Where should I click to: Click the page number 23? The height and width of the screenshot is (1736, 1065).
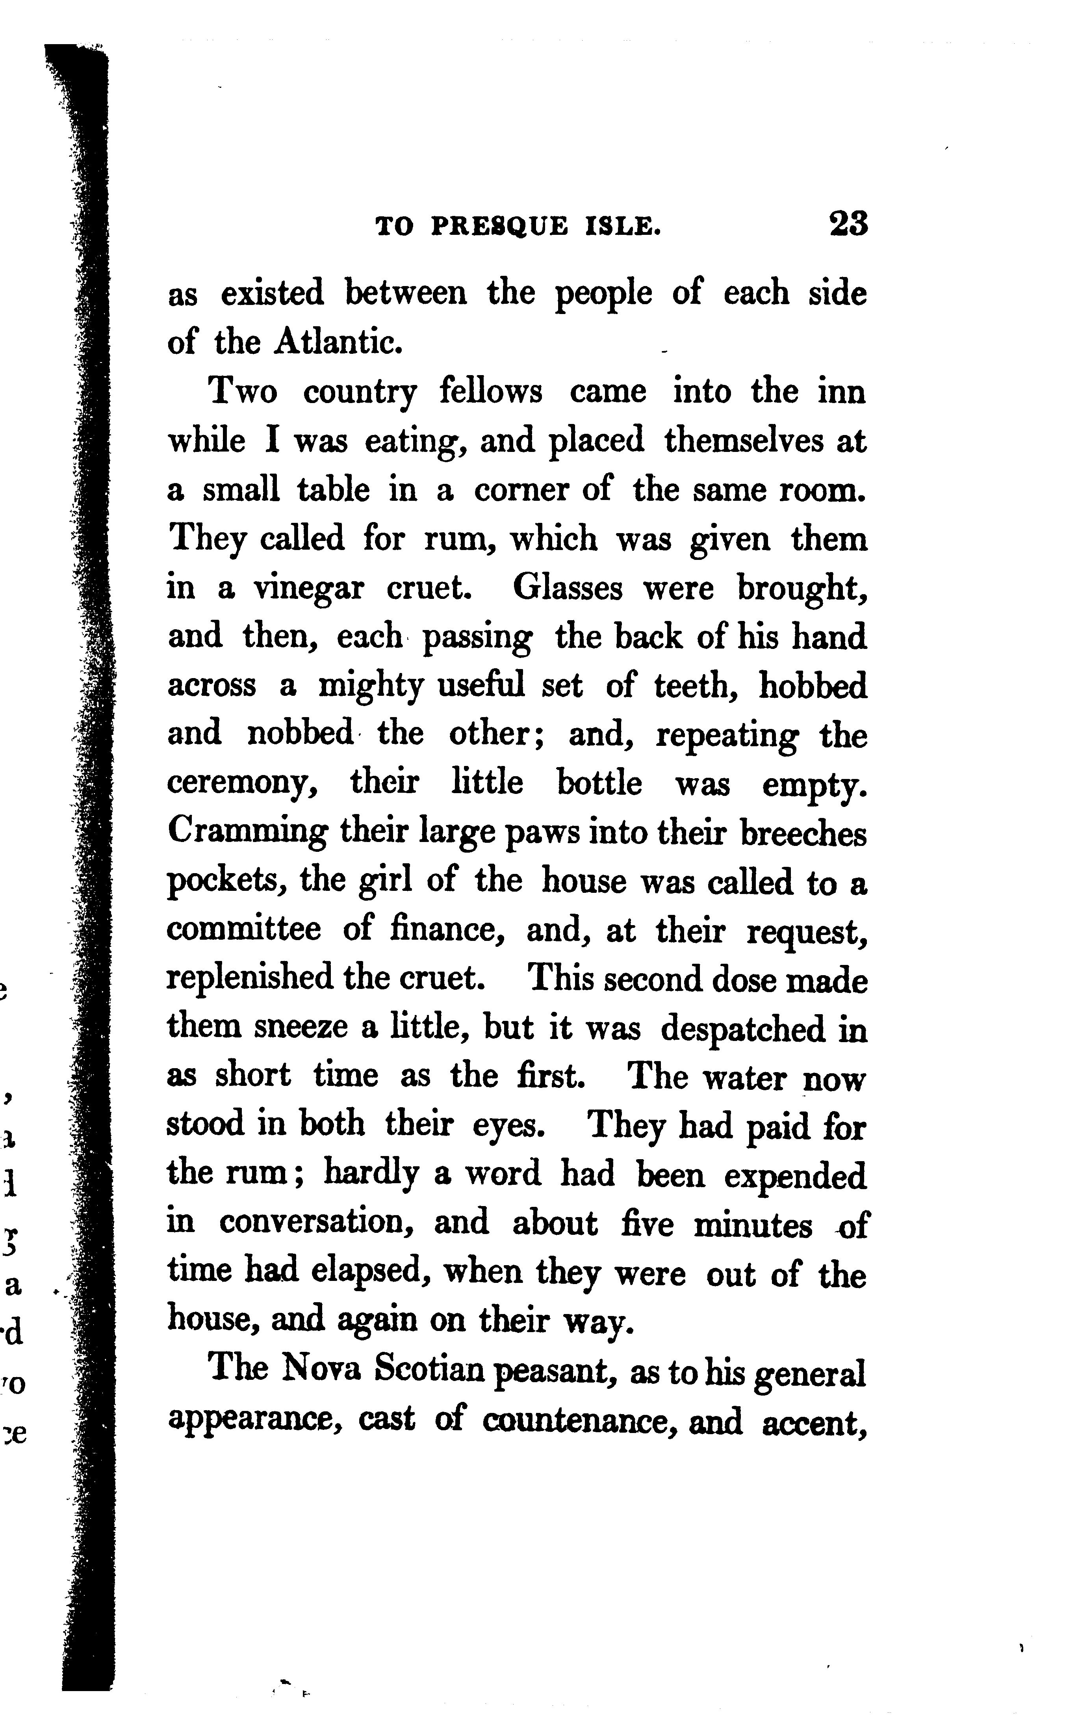click(x=849, y=224)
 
